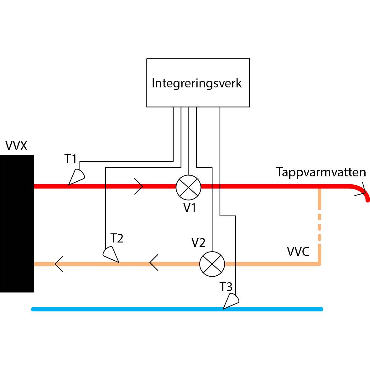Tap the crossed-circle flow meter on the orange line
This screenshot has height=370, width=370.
[x=212, y=264]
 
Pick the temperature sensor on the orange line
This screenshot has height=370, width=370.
[x=111, y=254]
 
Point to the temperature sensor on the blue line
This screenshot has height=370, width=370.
[x=231, y=301]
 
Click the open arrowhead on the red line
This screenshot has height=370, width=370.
[x=139, y=186]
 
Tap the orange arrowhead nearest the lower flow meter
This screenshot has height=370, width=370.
[x=154, y=264]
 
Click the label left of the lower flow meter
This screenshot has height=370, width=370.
[x=198, y=242]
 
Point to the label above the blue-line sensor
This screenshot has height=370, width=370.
[x=226, y=286]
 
